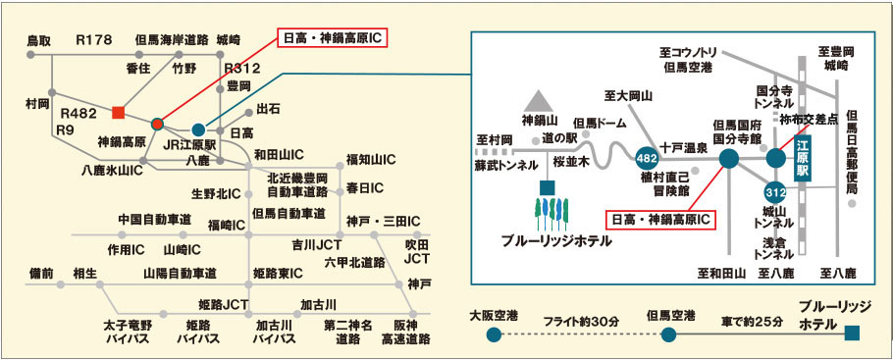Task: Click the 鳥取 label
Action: coord(39,40)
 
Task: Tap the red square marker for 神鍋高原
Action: coord(118,112)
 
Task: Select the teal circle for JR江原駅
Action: coord(198,129)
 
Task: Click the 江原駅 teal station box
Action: coord(802,162)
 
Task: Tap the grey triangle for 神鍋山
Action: coord(538,101)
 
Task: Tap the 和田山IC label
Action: coord(279,154)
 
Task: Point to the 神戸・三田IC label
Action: coord(382,221)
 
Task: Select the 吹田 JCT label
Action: coord(416,251)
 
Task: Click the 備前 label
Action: coord(40,274)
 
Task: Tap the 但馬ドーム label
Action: coord(600,123)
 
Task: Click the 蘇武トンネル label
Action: coord(505,166)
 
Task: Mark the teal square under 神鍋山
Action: coord(548,187)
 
